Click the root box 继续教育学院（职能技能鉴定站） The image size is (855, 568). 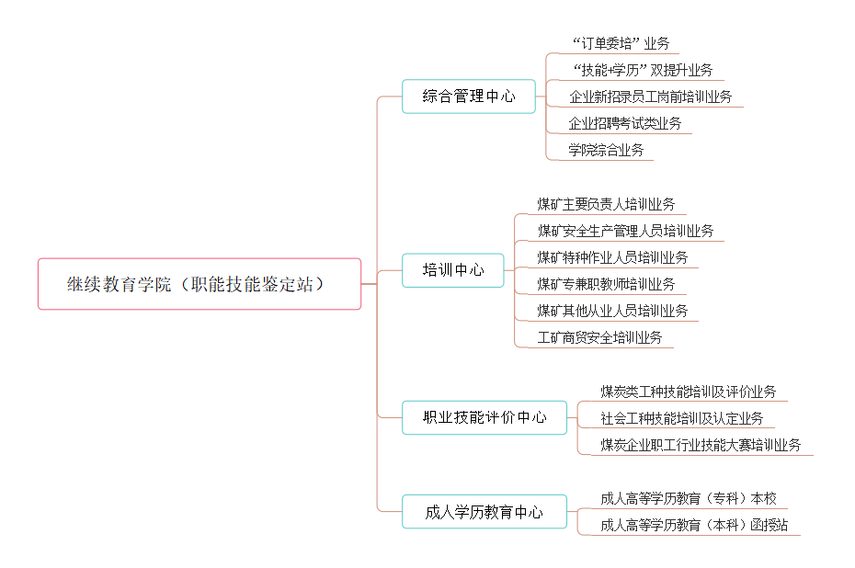[x=199, y=284]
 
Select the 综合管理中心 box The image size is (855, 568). [x=468, y=96]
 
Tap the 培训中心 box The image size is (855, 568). [x=452, y=270]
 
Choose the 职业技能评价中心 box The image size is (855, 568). [x=484, y=417]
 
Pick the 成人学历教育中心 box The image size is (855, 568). [x=484, y=512]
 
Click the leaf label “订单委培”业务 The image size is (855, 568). [x=621, y=43]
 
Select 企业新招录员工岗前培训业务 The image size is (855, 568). [x=650, y=97]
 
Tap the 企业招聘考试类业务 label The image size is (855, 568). [x=624, y=123]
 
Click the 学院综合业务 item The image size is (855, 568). [x=606, y=150]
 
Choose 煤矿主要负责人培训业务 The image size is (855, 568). [x=606, y=204]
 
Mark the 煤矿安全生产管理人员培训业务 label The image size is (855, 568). [x=625, y=231]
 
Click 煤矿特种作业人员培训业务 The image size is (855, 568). [x=612, y=257]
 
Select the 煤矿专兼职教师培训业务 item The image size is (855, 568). [x=606, y=284]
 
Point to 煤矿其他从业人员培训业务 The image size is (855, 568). [x=612, y=311]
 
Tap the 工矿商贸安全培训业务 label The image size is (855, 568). [x=599, y=337]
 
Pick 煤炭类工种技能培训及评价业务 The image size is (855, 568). [x=688, y=392]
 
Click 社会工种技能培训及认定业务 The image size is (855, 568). [x=681, y=418]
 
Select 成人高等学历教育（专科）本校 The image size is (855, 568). [x=688, y=499]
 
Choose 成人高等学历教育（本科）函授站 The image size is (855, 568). [x=694, y=526]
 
